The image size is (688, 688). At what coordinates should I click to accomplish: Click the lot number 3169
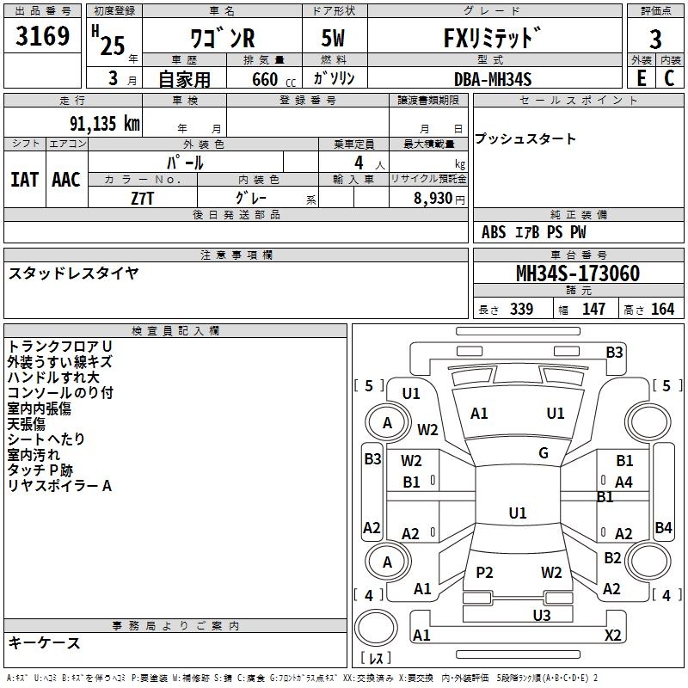(42, 35)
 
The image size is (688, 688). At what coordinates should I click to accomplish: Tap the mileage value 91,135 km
(105, 123)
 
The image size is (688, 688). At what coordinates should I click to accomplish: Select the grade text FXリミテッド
(492, 38)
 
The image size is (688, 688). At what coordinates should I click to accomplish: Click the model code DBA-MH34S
(493, 79)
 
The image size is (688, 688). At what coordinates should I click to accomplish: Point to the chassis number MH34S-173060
(578, 273)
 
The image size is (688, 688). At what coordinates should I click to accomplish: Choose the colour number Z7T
(143, 199)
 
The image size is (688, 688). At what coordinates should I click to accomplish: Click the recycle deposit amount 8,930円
(439, 199)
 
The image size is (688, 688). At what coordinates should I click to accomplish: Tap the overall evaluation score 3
(655, 39)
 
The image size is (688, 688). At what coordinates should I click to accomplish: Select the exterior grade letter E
(642, 78)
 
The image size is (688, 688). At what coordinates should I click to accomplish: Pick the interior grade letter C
(669, 78)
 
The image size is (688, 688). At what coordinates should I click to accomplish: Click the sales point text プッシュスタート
(525, 138)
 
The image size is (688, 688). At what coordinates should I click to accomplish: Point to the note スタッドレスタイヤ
(73, 273)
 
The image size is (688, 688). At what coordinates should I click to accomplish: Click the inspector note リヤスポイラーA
(59, 486)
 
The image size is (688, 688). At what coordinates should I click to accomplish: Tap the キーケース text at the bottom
(45, 642)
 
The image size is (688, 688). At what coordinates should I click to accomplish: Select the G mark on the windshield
(544, 453)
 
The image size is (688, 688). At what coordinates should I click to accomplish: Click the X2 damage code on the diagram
(613, 635)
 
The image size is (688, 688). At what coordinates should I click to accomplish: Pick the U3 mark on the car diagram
(542, 615)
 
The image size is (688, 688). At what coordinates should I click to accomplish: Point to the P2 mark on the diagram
(484, 572)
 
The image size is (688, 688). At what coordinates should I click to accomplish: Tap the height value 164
(662, 309)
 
